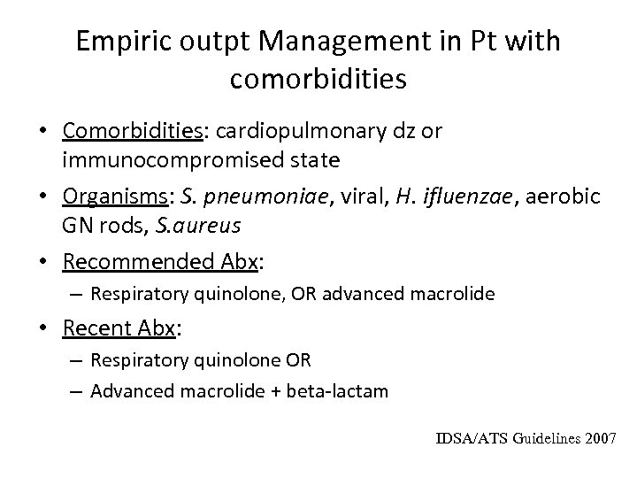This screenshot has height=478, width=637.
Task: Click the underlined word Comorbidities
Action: click(x=130, y=131)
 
